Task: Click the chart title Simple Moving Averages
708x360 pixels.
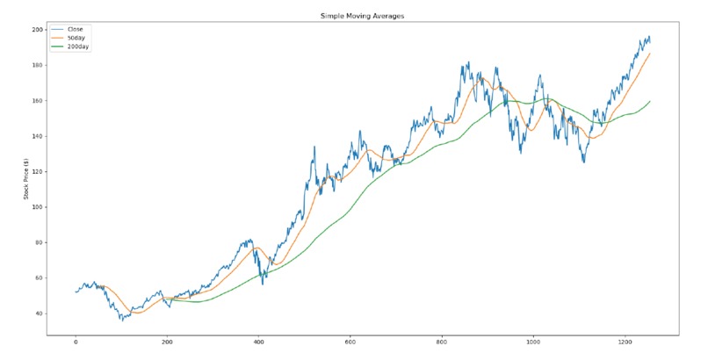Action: (354, 17)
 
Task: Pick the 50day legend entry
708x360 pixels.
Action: (76, 38)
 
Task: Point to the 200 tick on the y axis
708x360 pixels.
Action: (38, 30)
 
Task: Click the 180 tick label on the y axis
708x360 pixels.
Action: (38, 65)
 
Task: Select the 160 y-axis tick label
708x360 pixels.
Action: (38, 101)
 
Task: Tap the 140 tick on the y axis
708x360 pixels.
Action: (38, 136)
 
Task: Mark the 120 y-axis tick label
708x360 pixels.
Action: (38, 171)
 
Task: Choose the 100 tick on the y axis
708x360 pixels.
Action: (38, 207)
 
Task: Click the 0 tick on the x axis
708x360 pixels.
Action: (76, 342)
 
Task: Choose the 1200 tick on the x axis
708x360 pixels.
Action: (625, 342)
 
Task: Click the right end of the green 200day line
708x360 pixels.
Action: (651, 101)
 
